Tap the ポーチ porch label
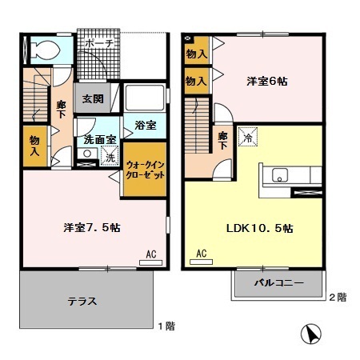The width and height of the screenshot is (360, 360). tap(98, 43)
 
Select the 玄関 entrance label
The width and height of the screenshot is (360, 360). tap(92, 99)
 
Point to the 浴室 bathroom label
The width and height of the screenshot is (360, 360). tap(144, 126)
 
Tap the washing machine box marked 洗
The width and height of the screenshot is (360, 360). tap(110, 157)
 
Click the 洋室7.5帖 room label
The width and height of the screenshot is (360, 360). tap(92, 227)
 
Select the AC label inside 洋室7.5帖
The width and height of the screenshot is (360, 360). tap(150, 255)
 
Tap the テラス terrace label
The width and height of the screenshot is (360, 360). tap(83, 302)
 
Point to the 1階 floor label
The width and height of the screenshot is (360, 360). tap(166, 326)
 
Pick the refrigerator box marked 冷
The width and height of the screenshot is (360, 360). tap(248, 136)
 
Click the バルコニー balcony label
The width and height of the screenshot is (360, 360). tap(279, 283)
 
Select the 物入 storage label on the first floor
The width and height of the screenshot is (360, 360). tap(34, 145)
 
